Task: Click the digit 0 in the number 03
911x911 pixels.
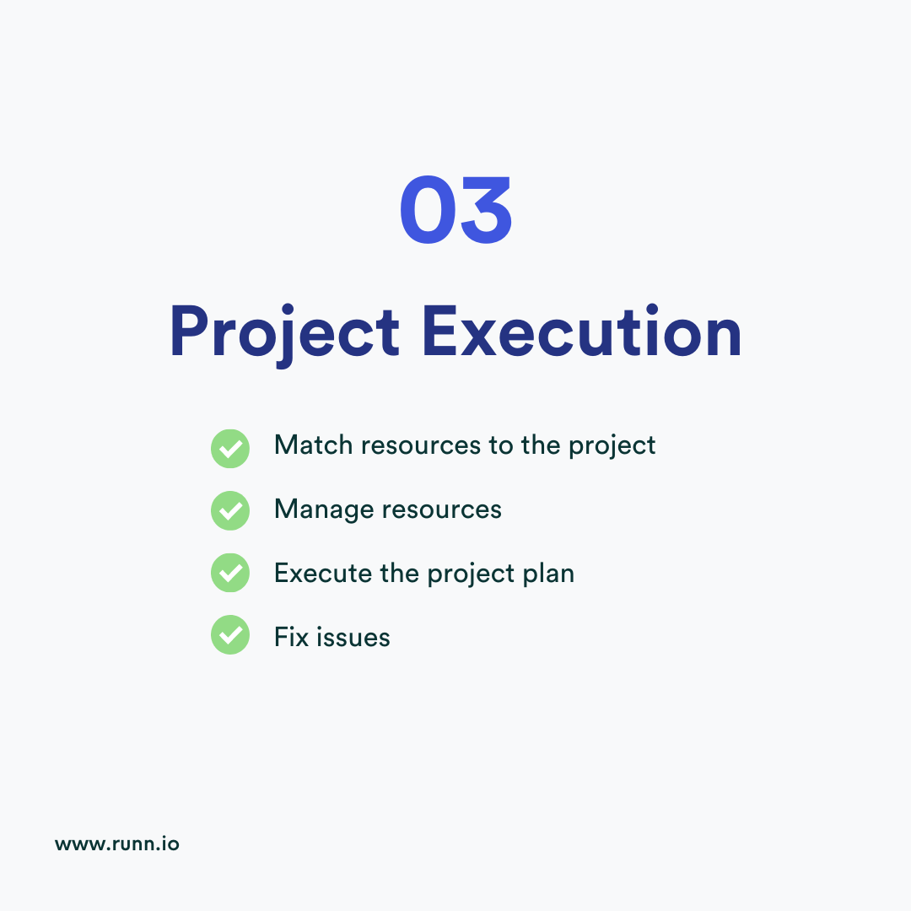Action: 428,211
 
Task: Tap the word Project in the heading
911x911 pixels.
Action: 284,332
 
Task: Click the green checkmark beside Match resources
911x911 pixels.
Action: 229,448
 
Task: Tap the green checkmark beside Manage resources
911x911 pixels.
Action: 229,511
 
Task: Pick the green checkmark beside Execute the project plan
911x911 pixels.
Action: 229,574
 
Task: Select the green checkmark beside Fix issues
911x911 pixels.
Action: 229,636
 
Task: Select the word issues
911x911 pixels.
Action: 353,637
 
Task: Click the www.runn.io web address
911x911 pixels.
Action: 117,844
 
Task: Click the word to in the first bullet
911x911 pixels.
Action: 501,446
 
